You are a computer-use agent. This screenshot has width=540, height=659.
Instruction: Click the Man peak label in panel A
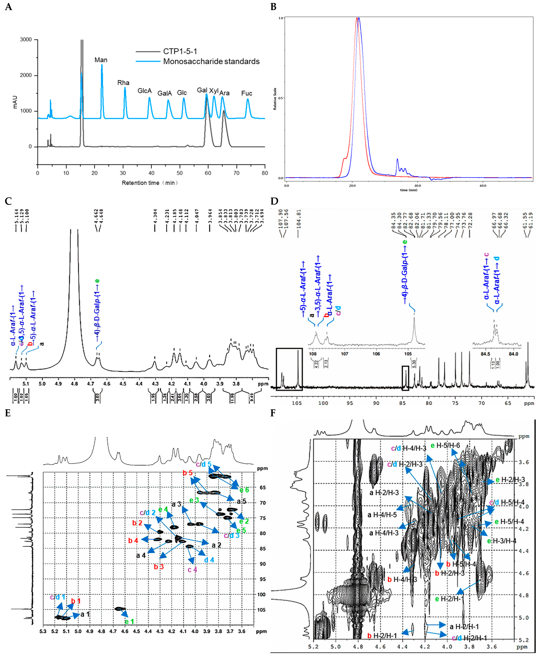click(x=101, y=60)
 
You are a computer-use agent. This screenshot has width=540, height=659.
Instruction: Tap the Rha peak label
click(x=123, y=83)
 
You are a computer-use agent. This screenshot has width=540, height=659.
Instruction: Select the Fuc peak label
click(x=247, y=93)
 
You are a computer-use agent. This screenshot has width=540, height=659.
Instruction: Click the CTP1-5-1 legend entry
click(x=180, y=51)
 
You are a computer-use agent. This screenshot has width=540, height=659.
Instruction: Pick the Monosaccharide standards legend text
click(x=211, y=62)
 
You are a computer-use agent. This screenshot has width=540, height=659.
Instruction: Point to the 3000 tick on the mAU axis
click(x=26, y=40)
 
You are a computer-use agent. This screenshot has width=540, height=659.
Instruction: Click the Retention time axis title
click(x=149, y=183)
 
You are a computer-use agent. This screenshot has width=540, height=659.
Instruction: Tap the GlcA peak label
click(x=145, y=91)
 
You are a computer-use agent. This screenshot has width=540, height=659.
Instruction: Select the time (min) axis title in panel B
click(x=408, y=190)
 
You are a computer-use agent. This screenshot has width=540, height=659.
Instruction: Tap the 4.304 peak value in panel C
click(x=155, y=217)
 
